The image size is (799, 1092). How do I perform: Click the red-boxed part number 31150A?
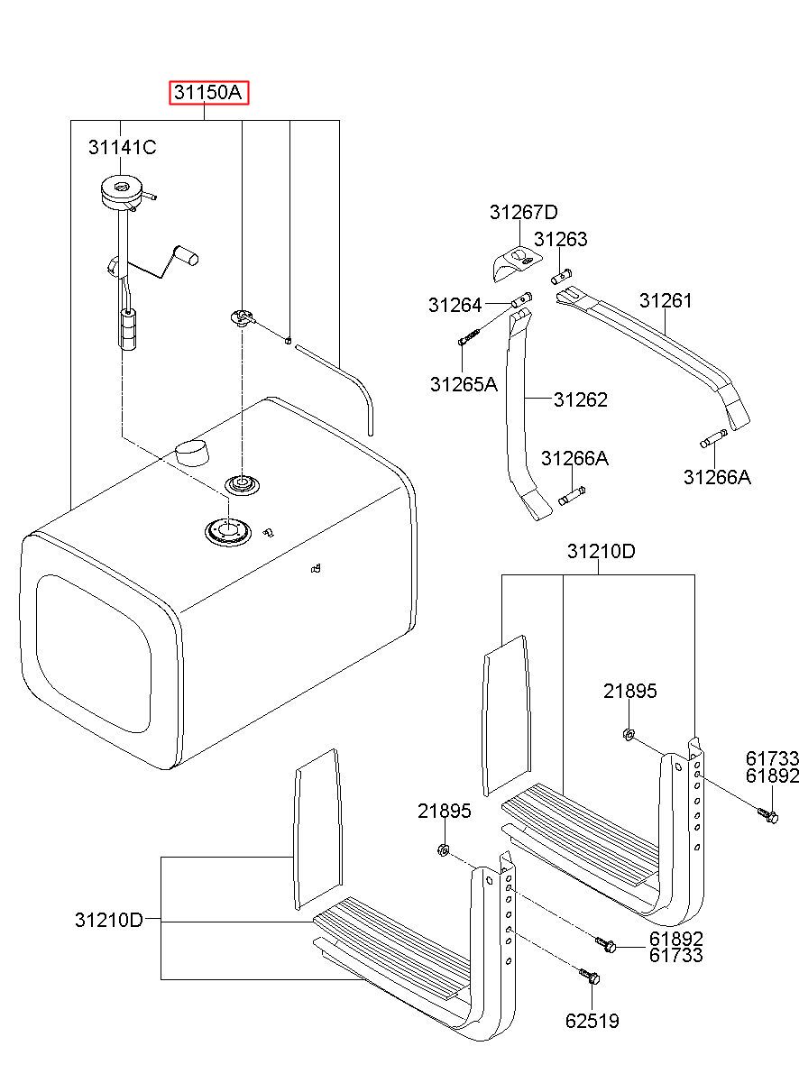(209, 93)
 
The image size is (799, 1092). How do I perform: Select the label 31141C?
(122, 146)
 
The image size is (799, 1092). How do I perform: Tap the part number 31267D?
(524, 213)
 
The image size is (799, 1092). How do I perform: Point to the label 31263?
(560, 239)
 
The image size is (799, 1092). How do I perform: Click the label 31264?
(455, 306)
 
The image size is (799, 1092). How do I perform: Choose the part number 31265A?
(464, 384)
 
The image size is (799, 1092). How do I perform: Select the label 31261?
(666, 300)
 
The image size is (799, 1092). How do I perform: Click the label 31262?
(581, 399)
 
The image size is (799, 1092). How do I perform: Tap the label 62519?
(592, 1021)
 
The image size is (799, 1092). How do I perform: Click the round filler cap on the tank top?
(190, 450)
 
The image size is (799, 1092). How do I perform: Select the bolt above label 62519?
(589, 976)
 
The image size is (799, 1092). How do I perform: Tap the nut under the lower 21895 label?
(444, 849)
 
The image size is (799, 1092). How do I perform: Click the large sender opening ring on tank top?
(225, 530)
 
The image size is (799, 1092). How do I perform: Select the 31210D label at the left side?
(109, 920)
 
